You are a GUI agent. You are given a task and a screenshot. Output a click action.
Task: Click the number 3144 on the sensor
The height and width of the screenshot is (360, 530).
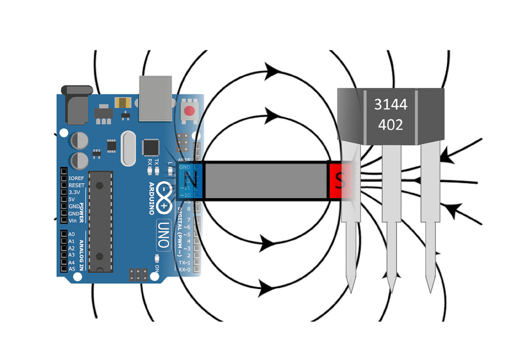pos(390,104)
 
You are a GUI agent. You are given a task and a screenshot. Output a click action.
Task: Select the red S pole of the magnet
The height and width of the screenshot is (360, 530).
pos(338,181)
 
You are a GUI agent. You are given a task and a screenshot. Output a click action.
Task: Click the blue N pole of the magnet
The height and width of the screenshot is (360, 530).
pos(190,181)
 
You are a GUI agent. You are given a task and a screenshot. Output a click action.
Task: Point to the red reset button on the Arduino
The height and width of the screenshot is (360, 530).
pos(190,111)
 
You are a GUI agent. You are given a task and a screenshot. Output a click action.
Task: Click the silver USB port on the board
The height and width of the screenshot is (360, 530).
pos(155,98)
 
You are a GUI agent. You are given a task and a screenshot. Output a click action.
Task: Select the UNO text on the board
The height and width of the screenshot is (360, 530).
pos(163,235)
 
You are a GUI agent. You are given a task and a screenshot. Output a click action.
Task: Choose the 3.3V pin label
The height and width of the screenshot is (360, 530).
pos(76,192)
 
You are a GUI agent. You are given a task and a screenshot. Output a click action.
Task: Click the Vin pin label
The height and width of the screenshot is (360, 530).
pos(73,220)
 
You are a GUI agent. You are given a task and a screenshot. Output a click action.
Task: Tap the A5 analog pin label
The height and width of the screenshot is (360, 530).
pos(72,268)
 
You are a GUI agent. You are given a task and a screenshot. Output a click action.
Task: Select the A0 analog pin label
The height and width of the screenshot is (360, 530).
pos(72,234)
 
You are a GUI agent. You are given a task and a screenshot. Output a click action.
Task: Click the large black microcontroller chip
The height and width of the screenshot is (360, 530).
pos(100,221)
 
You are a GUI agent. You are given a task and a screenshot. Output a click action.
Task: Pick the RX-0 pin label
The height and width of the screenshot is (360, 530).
pos(185,269)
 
